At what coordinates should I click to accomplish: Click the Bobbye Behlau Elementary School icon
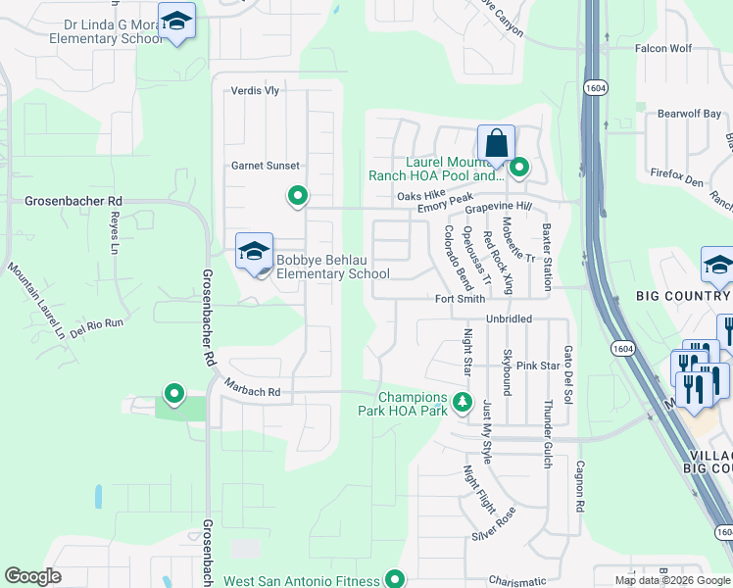[x=254, y=252]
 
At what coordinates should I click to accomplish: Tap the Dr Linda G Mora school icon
[x=176, y=22]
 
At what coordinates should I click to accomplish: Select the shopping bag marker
[x=496, y=144]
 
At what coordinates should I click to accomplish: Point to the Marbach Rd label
[x=252, y=391]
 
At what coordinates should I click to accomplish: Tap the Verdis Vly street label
[x=255, y=90]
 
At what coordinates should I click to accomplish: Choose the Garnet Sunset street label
[x=266, y=166]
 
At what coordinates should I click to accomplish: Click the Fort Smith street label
[x=461, y=299]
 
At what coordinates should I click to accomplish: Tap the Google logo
[x=32, y=576]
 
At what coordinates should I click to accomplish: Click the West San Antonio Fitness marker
[x=395, y=579]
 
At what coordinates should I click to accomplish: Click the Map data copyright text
[x=671, y=580]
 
